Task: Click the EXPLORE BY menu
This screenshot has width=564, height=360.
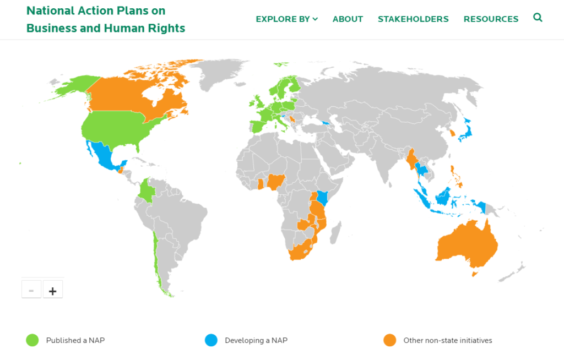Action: point(286,19)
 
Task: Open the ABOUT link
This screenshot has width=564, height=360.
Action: point(348,19)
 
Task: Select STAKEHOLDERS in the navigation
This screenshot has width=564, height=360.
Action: point(413,19)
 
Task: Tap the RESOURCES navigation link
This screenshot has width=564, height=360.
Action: point(491,19)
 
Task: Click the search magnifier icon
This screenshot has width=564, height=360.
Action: point(538,18)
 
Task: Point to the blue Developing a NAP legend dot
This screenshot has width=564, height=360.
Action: point(211,340)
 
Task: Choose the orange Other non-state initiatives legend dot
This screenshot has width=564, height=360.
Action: point(390,340)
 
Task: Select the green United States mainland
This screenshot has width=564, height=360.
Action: point(116,129)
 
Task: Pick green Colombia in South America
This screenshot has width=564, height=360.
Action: point(146,191)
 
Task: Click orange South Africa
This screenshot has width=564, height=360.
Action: point(300,250)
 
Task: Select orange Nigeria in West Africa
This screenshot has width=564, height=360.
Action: point(275,181)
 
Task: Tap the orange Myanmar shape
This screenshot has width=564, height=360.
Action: point(411,160)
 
